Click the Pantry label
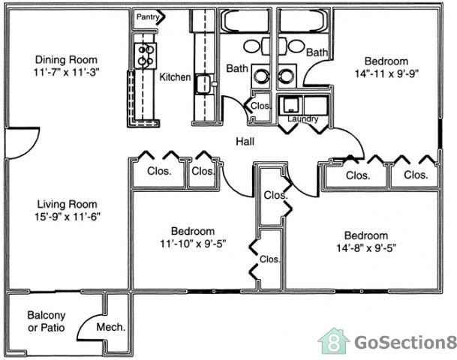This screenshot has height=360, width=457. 146,15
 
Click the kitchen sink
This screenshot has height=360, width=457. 203,84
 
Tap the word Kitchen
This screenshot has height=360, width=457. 175,77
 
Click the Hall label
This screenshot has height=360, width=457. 245,141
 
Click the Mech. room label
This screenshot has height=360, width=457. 111,327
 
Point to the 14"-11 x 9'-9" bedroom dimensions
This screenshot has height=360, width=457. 386,74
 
